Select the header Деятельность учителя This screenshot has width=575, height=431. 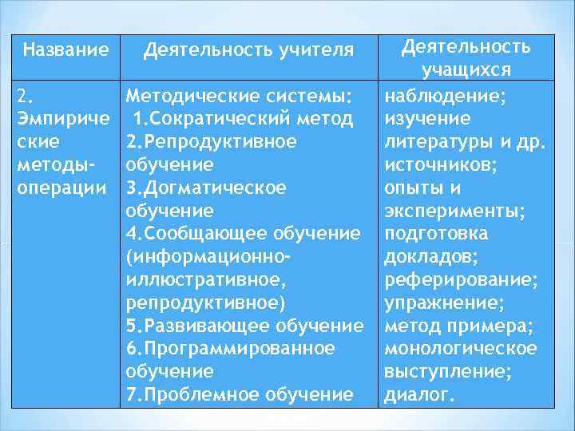click(x=248, y=51)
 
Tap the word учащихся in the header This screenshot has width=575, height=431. click(x=466, y=70)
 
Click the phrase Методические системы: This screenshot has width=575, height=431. click(x=240, y=97)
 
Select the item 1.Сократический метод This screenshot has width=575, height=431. click(x=242, y=120)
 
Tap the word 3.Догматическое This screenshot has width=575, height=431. click(x=206, y=188)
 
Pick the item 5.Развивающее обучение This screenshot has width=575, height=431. click(x=244, y=326)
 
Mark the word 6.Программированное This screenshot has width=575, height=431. click(x=230, y=349)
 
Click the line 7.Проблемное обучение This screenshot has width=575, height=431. click(x=240, y=394)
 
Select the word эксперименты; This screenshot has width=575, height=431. click(x=455, y=212)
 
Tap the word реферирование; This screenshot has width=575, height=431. click(x=461, y=280)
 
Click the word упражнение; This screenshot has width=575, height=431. click(x=444, y=303)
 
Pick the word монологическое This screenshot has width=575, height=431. click(x=461, y=349)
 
